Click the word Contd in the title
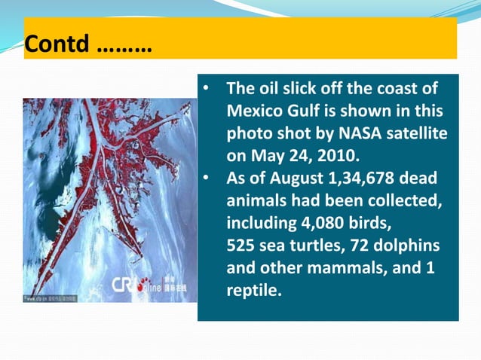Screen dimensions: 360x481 click(57, 44)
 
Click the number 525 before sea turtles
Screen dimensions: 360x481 click(242, 247)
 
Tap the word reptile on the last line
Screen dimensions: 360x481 click(253, 291)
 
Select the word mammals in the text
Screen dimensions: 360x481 click(357, 269)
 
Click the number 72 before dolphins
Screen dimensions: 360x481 click(365, 247)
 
